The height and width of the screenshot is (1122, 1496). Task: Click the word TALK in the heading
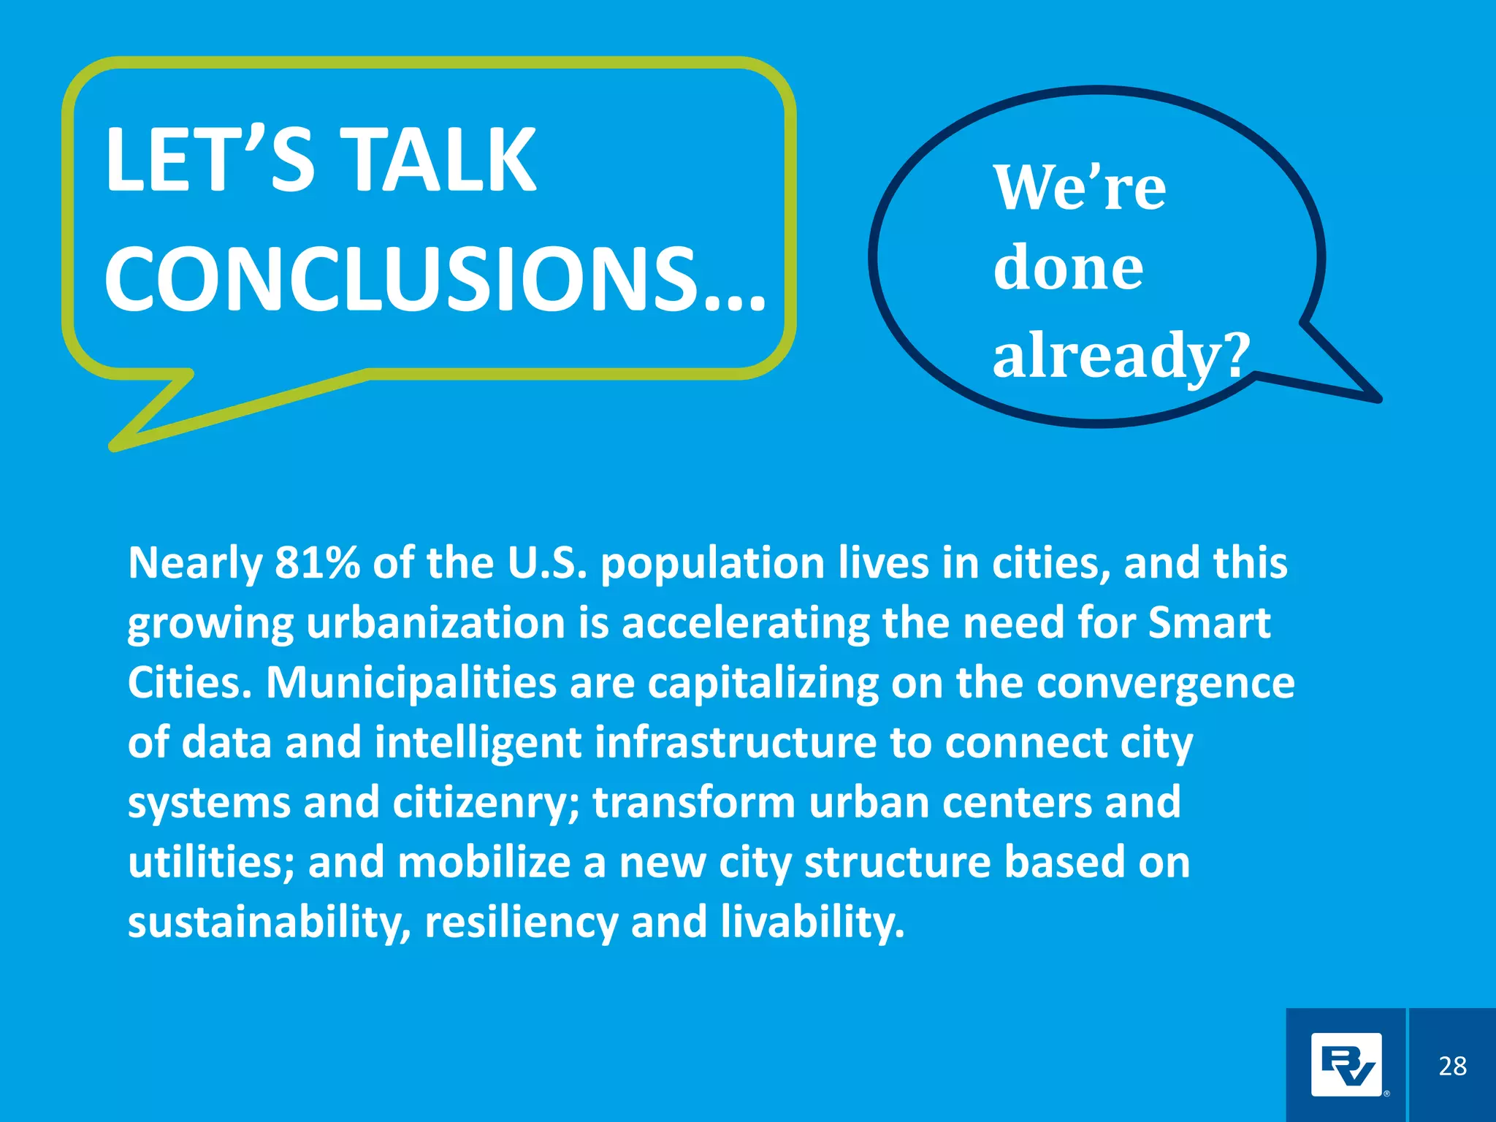[x=440, y=160]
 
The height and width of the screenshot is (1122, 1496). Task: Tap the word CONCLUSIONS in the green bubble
[x=401, y=280]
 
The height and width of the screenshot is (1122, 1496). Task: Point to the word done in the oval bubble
[x=1068, y=268]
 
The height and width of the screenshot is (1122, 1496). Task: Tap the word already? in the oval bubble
[x=1121, y=355]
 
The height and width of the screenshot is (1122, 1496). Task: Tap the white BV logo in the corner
[x=1346, y=1065]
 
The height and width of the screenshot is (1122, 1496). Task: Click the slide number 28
[x=1452, y=1066]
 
